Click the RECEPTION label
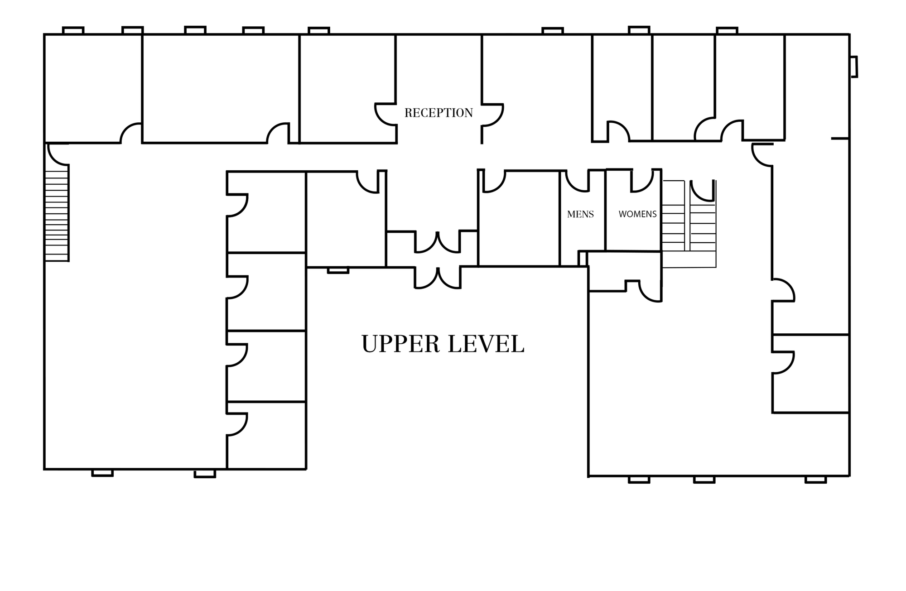click(439, 113)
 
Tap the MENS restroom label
click(580, 214)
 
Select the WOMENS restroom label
click(637, 214)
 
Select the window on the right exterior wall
click(853, 67)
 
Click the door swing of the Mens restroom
click(578, 181)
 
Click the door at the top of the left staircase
click(58, 154)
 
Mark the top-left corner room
click(93, 88)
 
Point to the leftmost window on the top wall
click(73, 30)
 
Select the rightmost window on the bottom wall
click(816, 480)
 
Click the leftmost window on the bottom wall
click(102, 473)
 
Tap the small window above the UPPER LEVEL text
click(338, 270)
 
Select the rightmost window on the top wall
click(727, 30)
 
